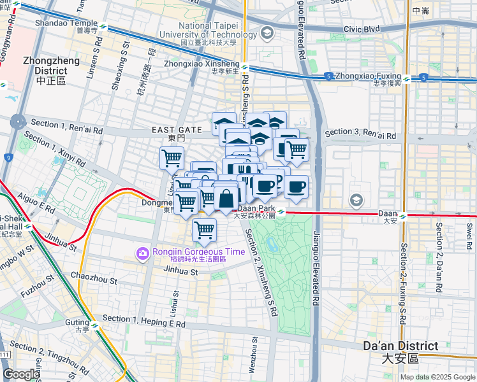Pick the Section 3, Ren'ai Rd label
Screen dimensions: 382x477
[x=360, y=134]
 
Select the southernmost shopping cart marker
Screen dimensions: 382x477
[x=204, y=230]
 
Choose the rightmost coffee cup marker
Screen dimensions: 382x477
[x=296, y=187]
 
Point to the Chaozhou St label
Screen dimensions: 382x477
[x=94, y=279]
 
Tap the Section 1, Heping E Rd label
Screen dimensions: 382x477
[x=143, y=321]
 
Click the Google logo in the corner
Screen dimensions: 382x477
[x=21, y=374]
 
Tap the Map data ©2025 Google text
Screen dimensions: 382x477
[x=437, y=377]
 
